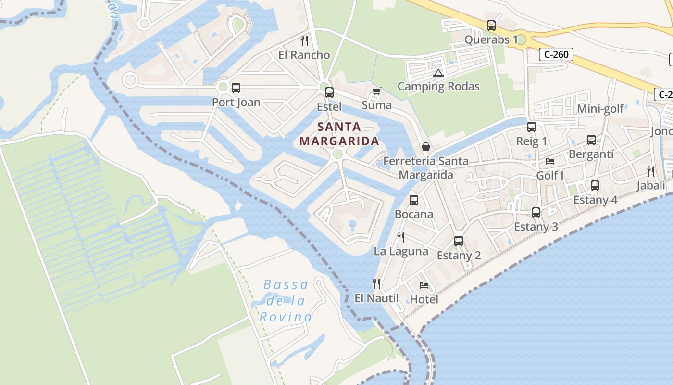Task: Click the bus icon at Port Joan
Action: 236,88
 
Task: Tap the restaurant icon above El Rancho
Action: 304,40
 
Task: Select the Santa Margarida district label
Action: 339,134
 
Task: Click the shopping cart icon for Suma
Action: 376,91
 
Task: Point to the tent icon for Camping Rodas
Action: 437,73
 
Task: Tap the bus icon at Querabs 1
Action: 491,26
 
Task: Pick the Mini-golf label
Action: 600,109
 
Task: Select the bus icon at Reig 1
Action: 531,127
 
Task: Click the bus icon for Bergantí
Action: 591,140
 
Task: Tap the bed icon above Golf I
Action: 550,161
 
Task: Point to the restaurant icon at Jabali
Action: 651,171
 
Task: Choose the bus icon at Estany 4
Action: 595,186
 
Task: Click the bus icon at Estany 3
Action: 536,212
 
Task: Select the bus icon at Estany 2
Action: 459,241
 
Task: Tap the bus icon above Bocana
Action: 413,200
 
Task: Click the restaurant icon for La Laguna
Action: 400,237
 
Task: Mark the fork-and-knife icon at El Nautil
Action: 376,284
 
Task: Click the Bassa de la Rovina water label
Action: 286,301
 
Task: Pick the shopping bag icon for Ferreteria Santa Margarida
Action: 425,147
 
